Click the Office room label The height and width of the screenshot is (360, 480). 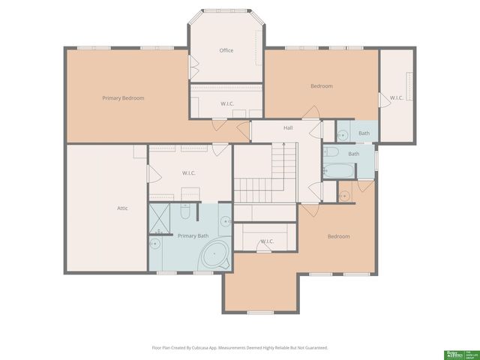click(x=226, y=50)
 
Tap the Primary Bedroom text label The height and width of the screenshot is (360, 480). click(x=123, y=98)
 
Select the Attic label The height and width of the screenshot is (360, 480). click(x=122, y=208)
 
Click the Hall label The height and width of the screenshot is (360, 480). click(x=288, y=128)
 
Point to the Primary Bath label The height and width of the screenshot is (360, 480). click(x=193, y=235)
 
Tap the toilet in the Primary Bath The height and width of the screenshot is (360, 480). click(x=184, y=212)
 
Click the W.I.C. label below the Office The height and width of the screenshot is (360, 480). click(x=227, y=103)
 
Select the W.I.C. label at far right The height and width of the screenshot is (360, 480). click(x=397, y=97)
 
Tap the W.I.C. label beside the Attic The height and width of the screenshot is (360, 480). click(x=189, y=173)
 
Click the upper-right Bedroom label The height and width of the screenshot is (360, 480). click(x=321, y=86)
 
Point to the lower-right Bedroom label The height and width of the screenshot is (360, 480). click(x=338, y=236)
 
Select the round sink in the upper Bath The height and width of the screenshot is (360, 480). click(x=343, y=136)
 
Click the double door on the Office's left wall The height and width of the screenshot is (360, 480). click(x=193, y=67)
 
